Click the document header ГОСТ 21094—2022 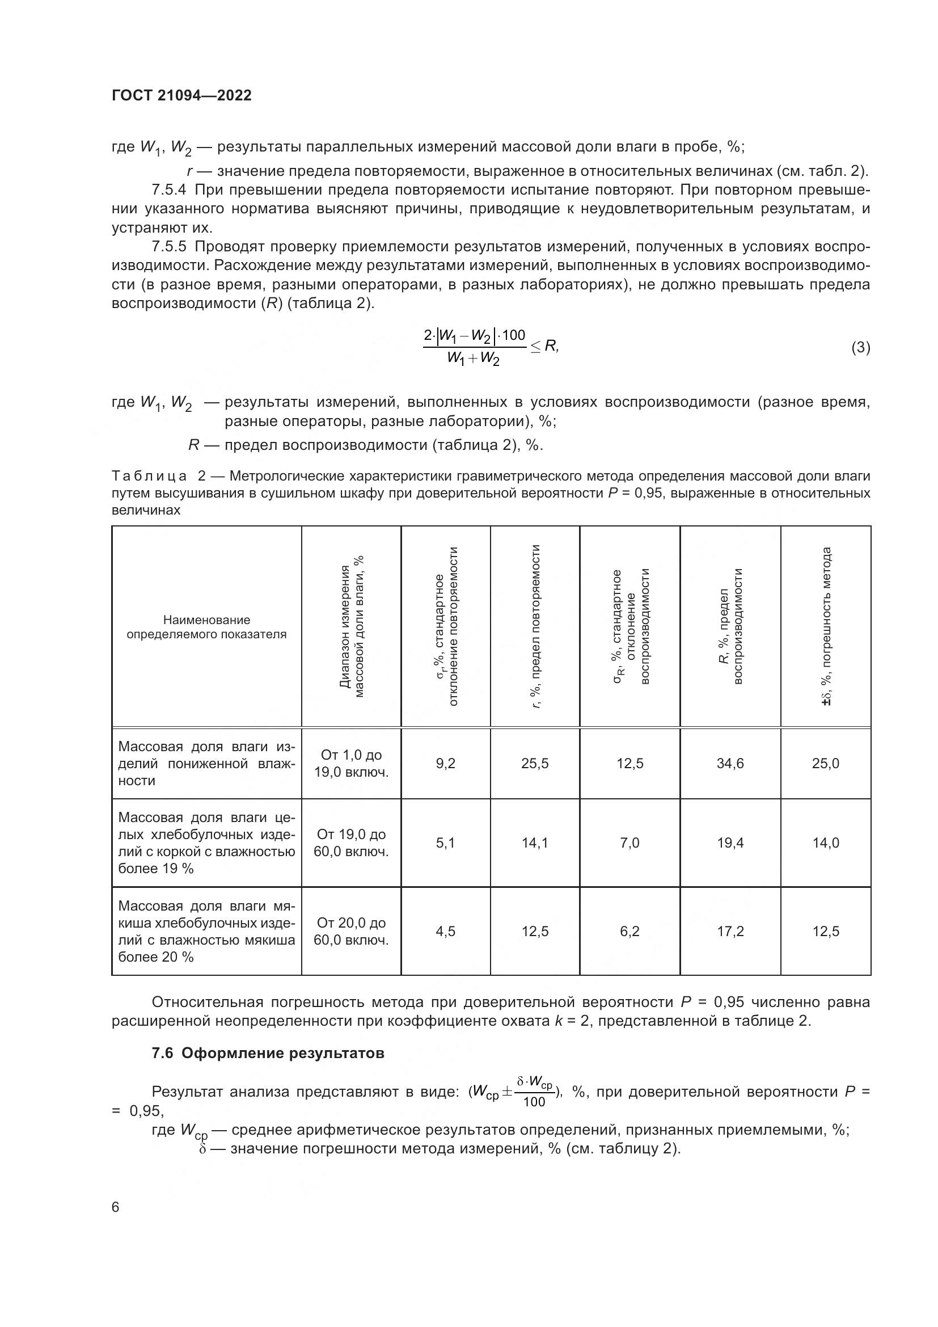(181, 95)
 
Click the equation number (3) (860, 347)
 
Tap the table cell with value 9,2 (445, 764)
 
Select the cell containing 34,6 (730, 764)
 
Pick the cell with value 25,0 (825, 764)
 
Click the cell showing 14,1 (535, 842)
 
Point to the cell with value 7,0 (629, 842)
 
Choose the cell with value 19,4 (730, 842)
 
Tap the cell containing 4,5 (445, 931)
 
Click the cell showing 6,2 (629, 931)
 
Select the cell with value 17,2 (730, 931)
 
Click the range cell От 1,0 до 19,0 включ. (351, 764)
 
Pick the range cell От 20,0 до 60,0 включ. (351, 931)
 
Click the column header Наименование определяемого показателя (206, 627)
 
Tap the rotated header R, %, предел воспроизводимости (730, 626)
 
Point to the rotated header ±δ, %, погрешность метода (826, 626)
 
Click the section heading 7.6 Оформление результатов (268, 1054)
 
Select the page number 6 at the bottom (116, 1207)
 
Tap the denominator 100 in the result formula (534, 1102)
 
